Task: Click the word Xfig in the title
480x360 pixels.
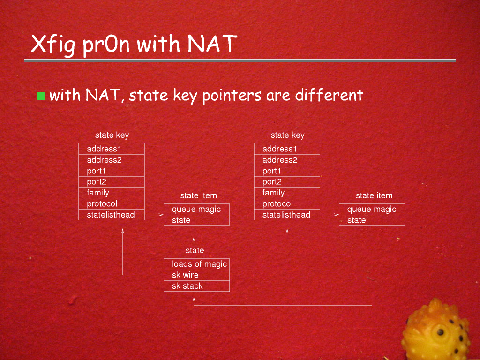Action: pos(52,45)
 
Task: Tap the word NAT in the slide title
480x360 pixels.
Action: pos(212,43)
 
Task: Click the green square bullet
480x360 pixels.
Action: pos(41,96)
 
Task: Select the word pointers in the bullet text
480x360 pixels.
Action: pos(232,95)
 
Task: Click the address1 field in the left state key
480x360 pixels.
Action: pos(112,149)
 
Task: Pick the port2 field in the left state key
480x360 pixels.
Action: pos(112,182)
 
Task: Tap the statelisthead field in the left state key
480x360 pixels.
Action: pos(112,215)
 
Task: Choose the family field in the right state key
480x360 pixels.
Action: pos(287,193)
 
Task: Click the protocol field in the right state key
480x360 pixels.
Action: pos(287,204)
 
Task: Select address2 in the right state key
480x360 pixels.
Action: pos(287,160)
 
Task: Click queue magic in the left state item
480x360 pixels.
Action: pos(196,210)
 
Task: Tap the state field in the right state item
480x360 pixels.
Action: pos(372,220)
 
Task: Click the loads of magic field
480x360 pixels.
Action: pos(196,264)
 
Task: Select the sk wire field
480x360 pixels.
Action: pos(196,275)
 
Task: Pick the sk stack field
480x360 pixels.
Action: pos(196,286)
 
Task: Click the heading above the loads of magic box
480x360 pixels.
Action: pos(195,250)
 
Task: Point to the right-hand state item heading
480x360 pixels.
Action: pos(374,195)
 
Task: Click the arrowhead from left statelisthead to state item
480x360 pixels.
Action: pos(161,215)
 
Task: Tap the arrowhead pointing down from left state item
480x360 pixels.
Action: pos(194,239)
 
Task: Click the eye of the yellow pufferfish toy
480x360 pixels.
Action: pos(441,332)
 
